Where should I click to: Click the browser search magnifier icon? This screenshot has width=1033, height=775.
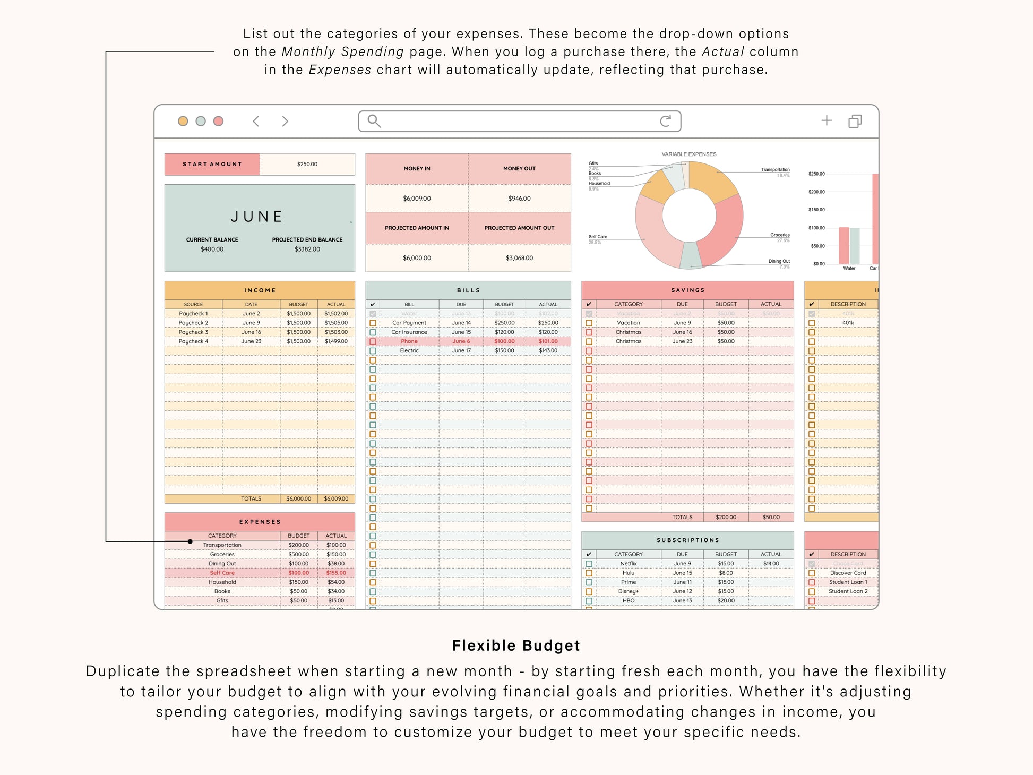[374, 121]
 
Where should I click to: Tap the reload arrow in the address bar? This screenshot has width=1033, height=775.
[665, 121]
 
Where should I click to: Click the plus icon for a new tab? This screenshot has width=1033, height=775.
[826, 120]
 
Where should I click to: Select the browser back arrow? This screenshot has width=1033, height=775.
[256, 122]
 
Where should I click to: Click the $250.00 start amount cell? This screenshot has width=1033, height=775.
[307, 165]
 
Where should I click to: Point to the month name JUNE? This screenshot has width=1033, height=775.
[257, 217]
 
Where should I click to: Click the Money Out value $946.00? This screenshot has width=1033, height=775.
[519, 199]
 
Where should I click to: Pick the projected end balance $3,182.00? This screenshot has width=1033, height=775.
[307, 249]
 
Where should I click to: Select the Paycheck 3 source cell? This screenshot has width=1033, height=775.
[193, 332]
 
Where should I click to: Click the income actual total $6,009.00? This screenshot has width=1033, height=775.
[336, 499]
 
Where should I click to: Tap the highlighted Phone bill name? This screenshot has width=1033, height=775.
[409, 341]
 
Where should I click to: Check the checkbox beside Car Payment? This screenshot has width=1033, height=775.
[373, 323]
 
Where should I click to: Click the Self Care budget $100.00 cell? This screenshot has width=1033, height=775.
[298, 573]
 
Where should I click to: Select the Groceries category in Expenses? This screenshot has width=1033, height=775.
[222, 555]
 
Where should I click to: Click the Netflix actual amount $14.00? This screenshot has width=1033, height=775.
[771, 564]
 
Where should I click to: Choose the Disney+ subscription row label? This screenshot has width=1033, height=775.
[628, 592]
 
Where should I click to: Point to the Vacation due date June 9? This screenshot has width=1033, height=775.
[682, 323]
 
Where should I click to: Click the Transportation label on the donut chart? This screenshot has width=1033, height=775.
[775, 170]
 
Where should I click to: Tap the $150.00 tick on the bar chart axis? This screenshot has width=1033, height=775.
[816, 210]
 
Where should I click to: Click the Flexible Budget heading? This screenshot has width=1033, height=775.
[516, 645]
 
